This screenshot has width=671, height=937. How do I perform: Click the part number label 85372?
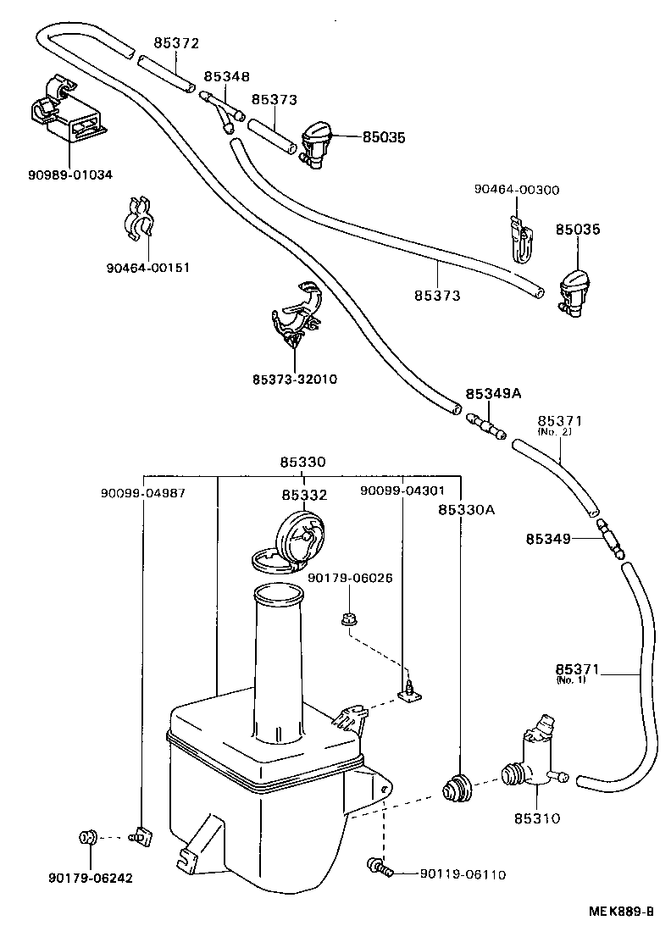click(176, 43)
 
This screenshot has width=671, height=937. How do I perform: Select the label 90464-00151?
click(147, 268)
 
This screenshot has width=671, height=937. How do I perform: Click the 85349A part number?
click(492, 394)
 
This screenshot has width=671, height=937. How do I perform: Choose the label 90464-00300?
click(516, 190)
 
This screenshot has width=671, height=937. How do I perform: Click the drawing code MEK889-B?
click(621, 912)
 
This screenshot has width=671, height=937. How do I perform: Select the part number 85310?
click(536, 818)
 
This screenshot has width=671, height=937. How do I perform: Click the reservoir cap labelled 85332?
click(292, 543)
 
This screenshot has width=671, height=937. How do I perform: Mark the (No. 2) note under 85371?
click(556, 432)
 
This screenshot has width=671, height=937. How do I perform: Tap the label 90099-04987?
click(142, 491)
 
